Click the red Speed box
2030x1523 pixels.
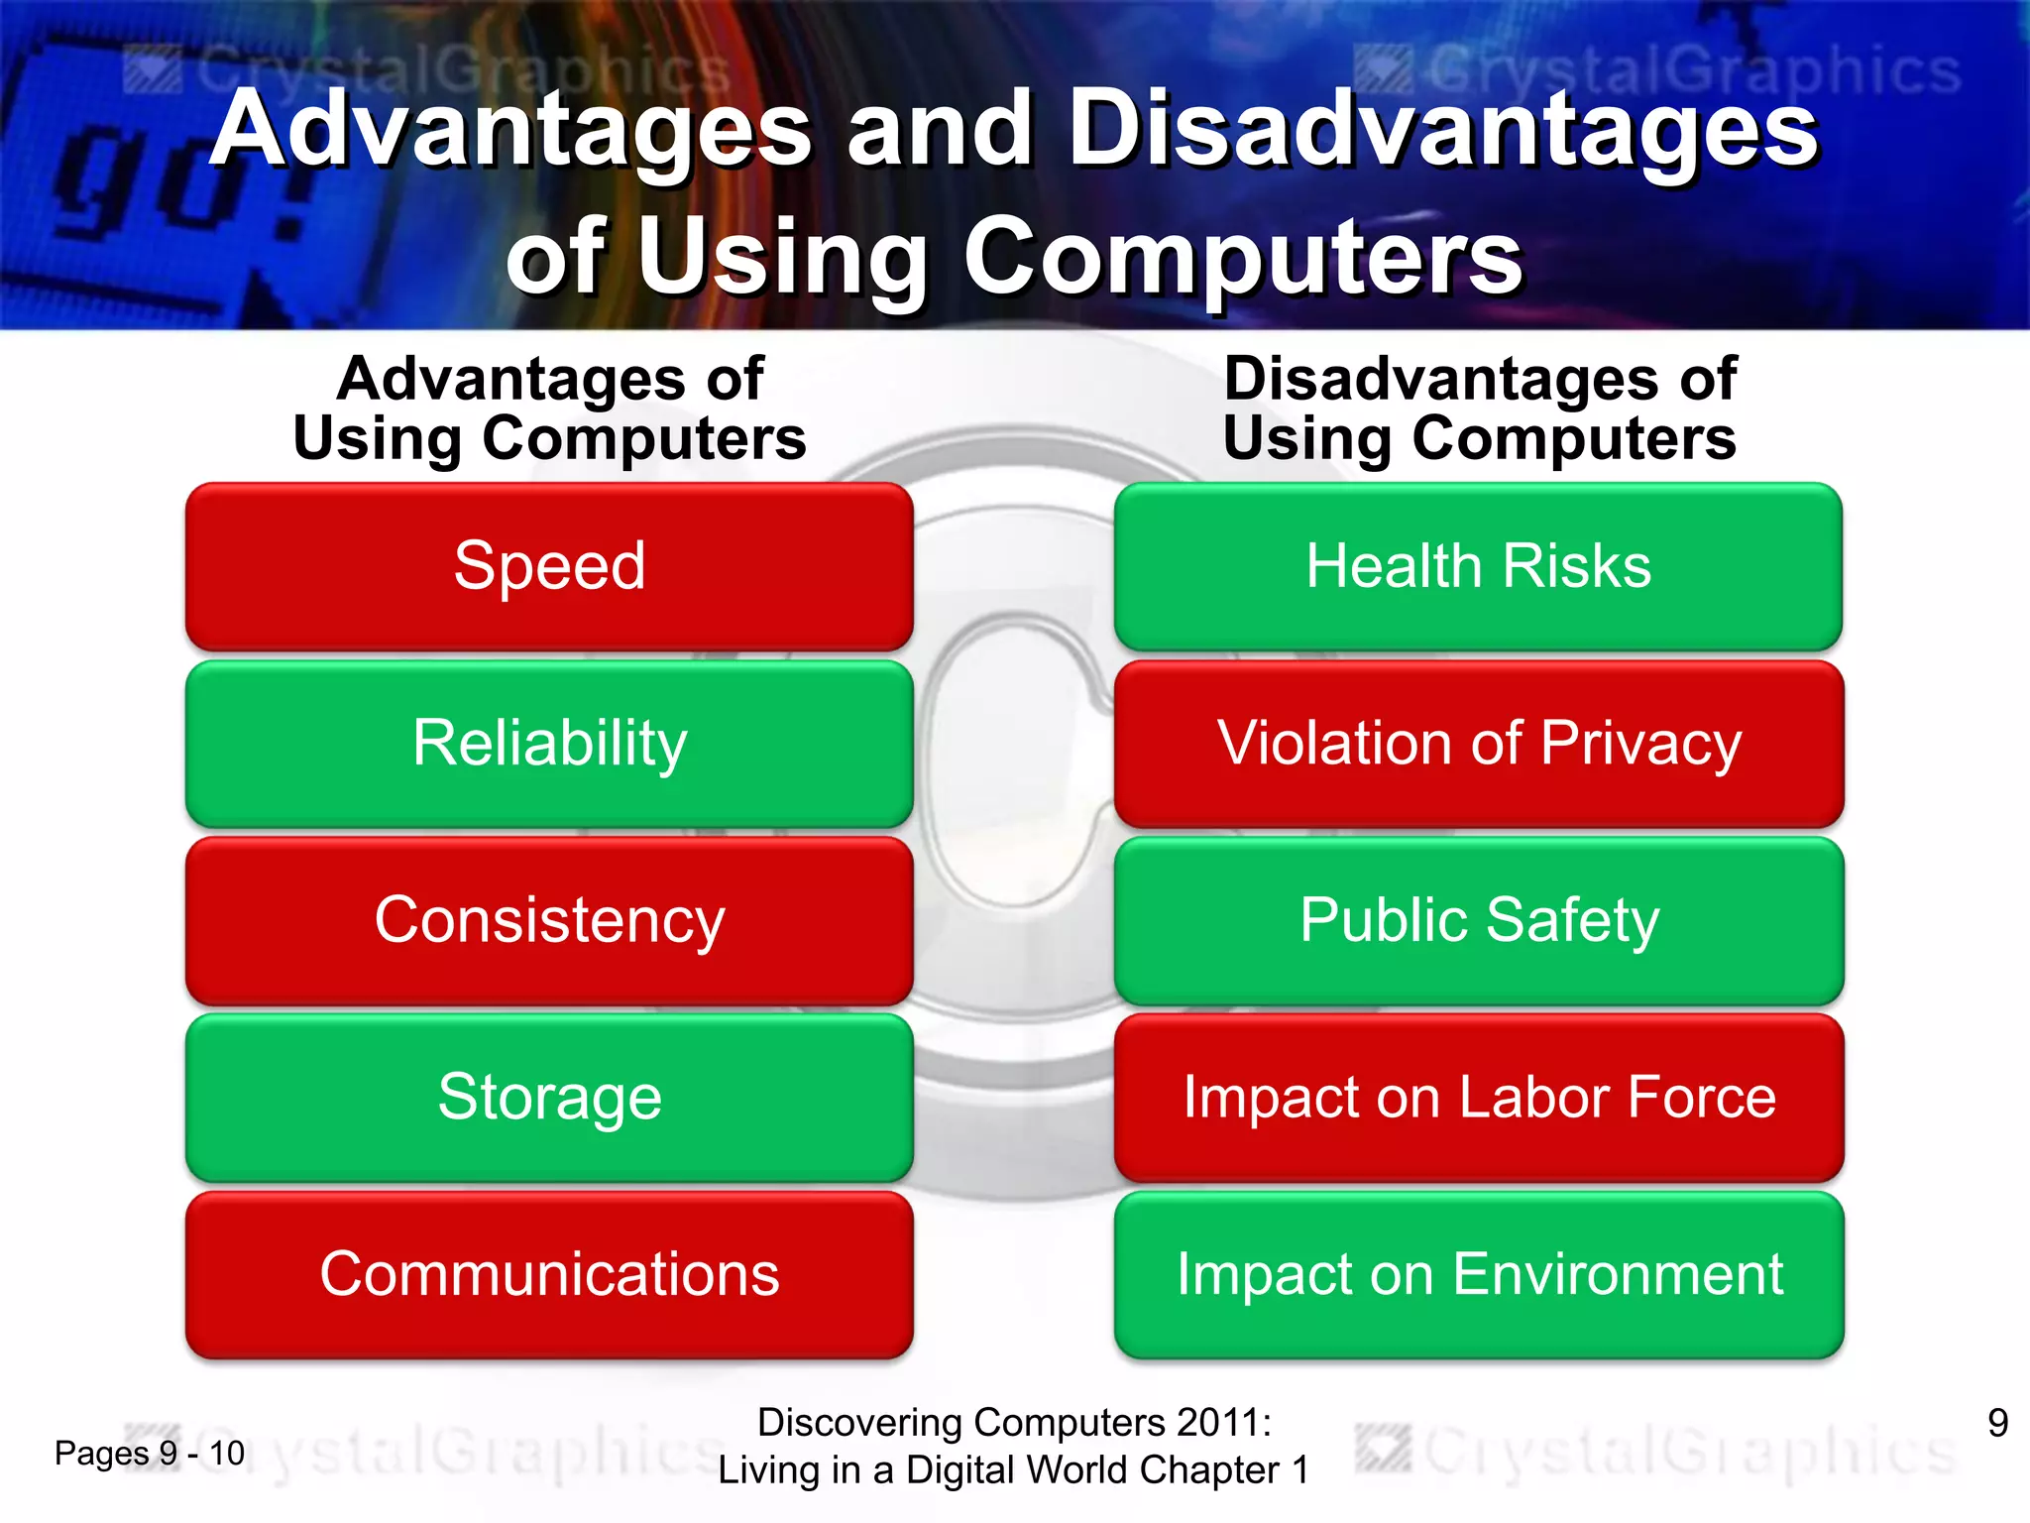pyautogui.click(x=549, y=566)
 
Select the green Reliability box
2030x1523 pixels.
pyautogui.click(x=549, y=744)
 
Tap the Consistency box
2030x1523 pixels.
pyautogui.click(x=549, y=920)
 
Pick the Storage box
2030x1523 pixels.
pyautogui.click(x=549, y=1098)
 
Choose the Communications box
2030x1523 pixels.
pyautogui.click(x=549, y=1274)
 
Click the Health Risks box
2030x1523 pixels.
pyautogui.click(x=1478, y=566)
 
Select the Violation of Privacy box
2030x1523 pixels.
pyautogui.click(x=1478, y=744)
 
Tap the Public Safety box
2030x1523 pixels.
pyautogui.click(x=1478, y=920)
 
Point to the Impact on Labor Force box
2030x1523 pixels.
pyautogui.click(x=1478, y=1098)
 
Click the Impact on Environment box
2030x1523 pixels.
pyautogui.click(x=1478, y=1274)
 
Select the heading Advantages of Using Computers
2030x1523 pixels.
pyautogui.click(x=549, y=408)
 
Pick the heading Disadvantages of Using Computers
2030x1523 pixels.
pyautogui.click(x=1479, y=408)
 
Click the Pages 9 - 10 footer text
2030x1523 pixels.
pyautogui.click(x=149, y=1454)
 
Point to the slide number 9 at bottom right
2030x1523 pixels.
pyautogui.click(x=1997, y=1423)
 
